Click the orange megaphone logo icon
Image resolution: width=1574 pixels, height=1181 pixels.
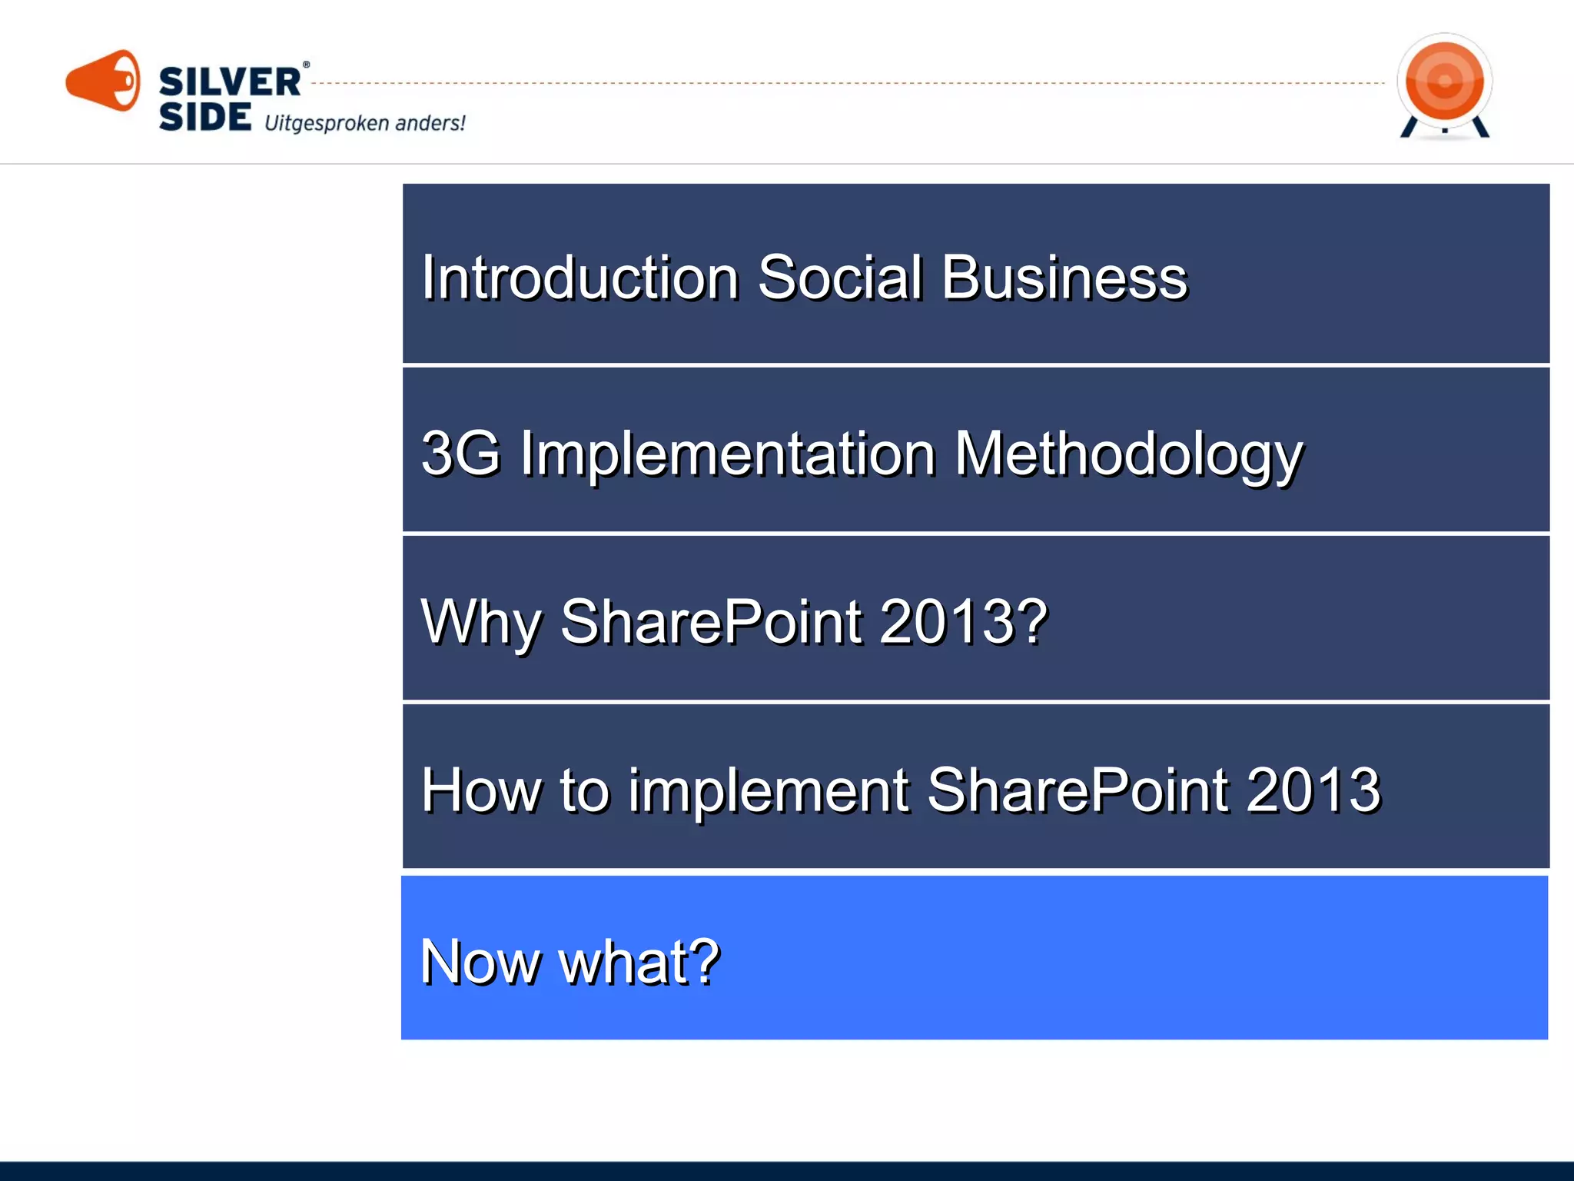tap(103, 81)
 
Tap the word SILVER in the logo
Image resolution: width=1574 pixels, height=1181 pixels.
tap(229, 82)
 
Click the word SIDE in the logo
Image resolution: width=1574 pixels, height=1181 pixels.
tap(204, 118)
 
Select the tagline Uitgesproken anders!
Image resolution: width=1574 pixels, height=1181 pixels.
tap(364, 123)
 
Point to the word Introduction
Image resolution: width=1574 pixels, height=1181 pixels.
tap(579, 278)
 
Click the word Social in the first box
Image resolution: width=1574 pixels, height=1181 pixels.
tap(839, 278)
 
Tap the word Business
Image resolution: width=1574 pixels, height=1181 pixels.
tap(1064, 278)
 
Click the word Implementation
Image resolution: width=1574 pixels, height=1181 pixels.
tap(728, 454)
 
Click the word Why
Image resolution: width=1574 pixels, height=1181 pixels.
tap(480, 622)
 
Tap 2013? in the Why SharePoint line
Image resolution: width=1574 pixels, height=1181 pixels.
tap(963, 621)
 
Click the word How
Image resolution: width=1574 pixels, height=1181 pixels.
tap(481, 790)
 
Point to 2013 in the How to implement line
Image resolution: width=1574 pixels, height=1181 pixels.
tap(1313, 790)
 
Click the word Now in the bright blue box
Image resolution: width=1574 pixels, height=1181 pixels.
tap(480, 962)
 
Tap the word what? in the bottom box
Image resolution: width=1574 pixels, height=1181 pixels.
tap(639, 962)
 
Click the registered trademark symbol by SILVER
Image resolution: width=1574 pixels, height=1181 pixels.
tap(306, 65)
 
